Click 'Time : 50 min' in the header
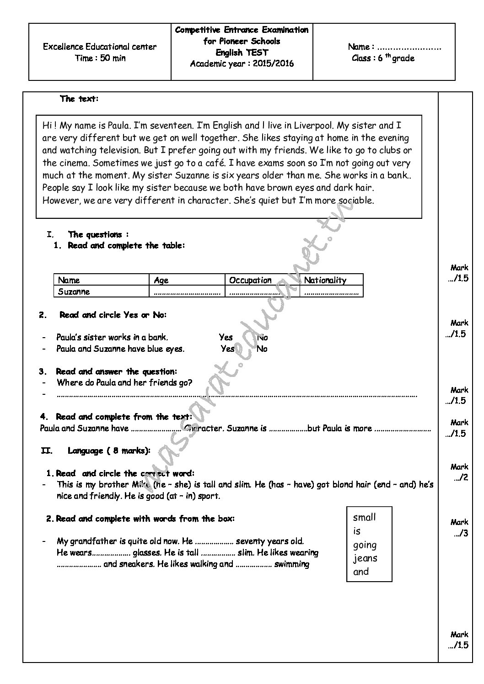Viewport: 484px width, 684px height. coord(100,58)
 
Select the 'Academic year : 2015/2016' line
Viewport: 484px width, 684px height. coord(242,64)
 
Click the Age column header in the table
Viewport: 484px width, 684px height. coord(161,280)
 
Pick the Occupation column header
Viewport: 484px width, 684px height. coord(250,280)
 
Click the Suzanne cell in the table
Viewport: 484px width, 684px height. coord(74,292)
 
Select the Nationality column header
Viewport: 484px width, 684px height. coord(325,280)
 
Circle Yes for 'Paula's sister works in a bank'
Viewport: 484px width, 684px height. coord(226,338)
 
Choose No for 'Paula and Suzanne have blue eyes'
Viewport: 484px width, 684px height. coord(262,349)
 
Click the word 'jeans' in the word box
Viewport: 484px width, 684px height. coord(365,558)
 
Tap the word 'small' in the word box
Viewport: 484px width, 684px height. coord(365,517)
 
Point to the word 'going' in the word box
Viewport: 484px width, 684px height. coord(365,545)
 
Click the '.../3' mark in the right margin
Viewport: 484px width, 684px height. coord(461,533)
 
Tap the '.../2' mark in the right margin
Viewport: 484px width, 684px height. coord(461,478)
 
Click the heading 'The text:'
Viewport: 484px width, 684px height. coord(79,99)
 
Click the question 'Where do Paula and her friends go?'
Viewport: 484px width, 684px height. coord(124,383)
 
